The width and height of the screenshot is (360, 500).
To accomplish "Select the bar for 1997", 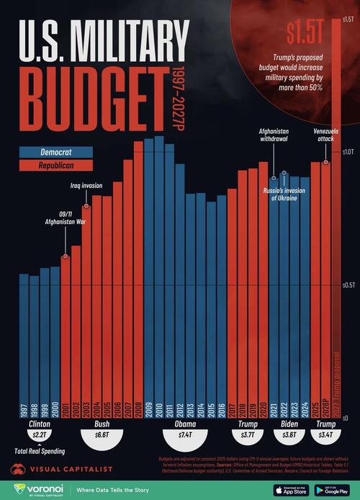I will pos(24,346).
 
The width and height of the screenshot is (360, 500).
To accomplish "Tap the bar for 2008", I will pos(138,280).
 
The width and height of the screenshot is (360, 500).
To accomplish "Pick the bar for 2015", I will pos(211,310).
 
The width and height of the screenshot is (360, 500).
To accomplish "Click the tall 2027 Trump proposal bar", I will pos(336,216).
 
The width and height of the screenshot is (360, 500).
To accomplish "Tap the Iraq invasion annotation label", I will pos(86,185).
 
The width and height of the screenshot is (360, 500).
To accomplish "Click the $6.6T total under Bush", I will pos(102,436).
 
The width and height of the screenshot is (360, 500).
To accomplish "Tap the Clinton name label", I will pos(39,424).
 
